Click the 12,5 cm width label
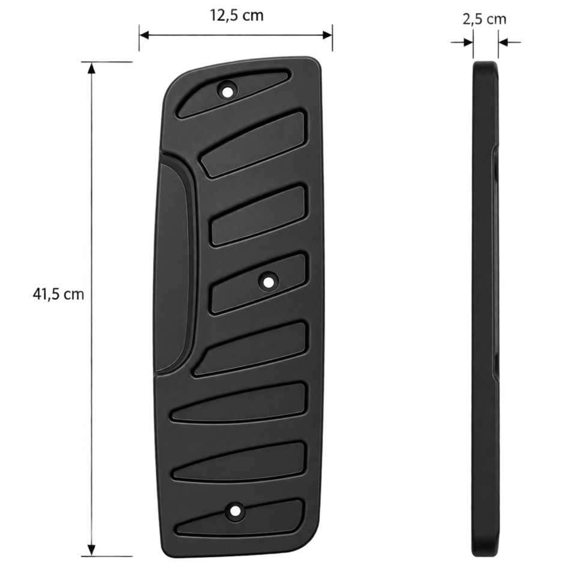236,16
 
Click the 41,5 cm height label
58,294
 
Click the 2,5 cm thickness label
484,19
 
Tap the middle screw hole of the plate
269,282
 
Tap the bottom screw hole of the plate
235,511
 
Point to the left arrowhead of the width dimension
144,35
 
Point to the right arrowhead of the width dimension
327,35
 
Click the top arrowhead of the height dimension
91,67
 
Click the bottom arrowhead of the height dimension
91,550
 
